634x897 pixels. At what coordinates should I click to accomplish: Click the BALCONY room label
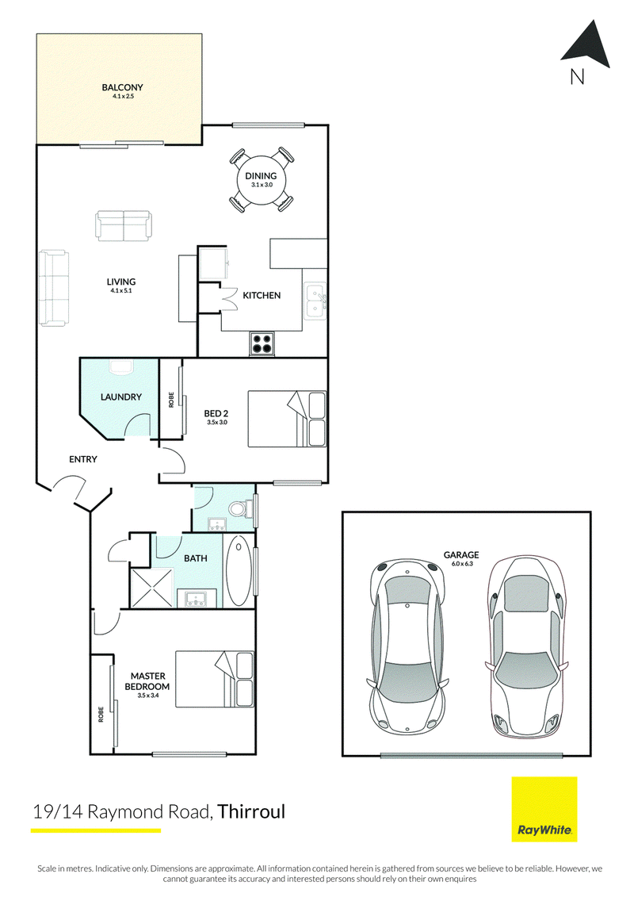point(122,87)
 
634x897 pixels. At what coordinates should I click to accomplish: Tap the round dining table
point(262,180)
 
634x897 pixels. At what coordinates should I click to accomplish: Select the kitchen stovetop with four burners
point(262,343)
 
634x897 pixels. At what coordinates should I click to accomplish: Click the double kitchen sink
point(315,301)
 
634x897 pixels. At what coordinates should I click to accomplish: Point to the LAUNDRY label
point(120,397)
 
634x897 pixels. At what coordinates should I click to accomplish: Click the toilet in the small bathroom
point(240,508)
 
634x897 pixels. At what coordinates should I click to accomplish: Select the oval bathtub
point(237,571)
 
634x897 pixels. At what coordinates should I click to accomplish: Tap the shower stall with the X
point(151,587)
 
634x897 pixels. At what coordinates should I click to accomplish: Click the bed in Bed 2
point(287,419)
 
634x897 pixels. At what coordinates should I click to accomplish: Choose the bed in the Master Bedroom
point(215,680)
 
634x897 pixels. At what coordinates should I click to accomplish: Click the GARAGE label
point(461,555)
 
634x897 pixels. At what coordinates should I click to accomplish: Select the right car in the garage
point(527,646)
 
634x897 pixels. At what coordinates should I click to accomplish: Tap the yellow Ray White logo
point(544,809)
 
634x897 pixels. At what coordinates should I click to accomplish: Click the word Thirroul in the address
point(251,812)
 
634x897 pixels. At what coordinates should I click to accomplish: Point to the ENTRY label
point(83,459)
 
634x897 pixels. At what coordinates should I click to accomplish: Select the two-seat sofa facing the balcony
point(124,225)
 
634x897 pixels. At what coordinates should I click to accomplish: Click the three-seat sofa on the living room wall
point(53,289)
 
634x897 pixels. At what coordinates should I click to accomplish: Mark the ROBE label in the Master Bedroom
point(101,715)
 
